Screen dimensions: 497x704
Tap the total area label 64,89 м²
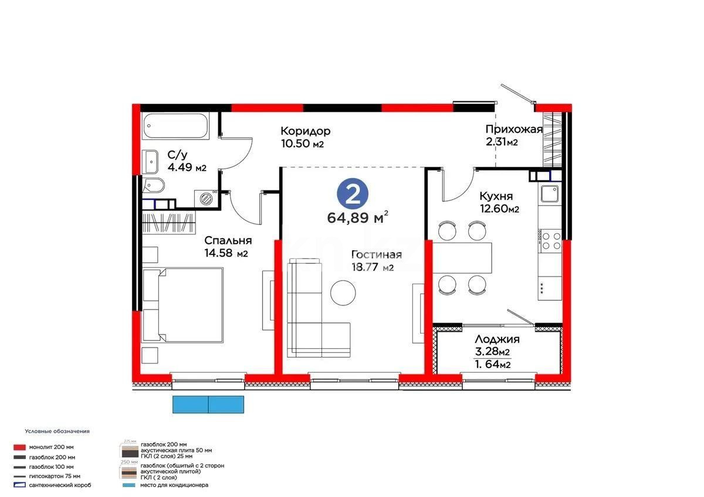357,218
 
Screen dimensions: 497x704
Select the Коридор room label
305,131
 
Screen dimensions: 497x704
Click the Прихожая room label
513,130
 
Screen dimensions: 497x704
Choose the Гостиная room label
376,254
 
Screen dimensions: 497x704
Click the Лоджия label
497,339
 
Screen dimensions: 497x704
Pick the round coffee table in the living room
343,292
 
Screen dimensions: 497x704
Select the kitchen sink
550,193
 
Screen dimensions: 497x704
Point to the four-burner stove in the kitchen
550,240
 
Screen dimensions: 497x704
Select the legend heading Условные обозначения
57,431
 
